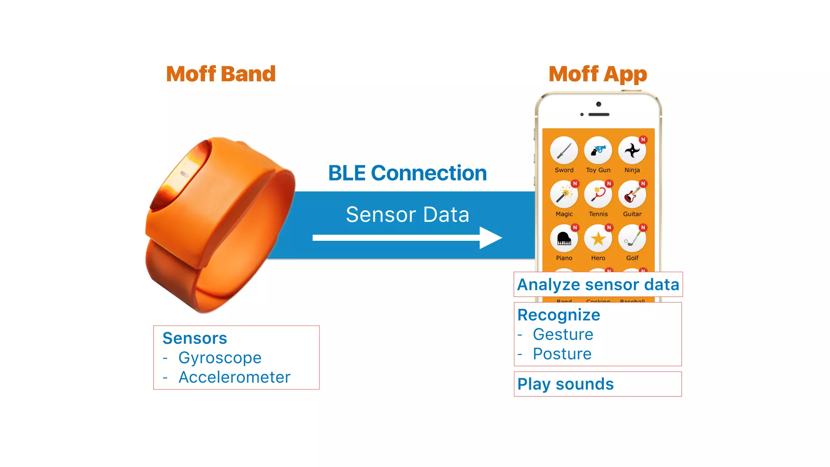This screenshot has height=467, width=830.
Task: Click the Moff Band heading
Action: coord(221,74)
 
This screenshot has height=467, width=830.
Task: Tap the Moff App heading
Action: coord(598,75)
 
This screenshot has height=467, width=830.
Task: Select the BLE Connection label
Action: coord(407,173)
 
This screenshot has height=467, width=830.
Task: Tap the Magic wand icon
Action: coord(564,195)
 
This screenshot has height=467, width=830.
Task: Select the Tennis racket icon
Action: coord(598,195)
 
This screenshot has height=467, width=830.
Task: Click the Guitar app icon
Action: coord(632,195)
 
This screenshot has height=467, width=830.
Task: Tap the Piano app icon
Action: coord(564,239)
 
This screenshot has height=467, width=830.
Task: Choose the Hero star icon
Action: coord(598,239)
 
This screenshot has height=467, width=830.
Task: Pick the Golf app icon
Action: coord(632,239)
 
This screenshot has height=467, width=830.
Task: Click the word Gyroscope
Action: coord(220,358)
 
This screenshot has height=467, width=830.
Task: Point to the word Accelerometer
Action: coord(234,377)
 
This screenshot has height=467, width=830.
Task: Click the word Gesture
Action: coord(563,334)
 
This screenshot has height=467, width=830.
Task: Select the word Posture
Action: coord(562,354)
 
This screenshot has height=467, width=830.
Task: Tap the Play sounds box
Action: coord(597,384)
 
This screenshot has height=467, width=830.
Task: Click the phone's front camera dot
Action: coord(599,104)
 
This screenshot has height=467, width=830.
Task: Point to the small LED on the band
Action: coord(184,174)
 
